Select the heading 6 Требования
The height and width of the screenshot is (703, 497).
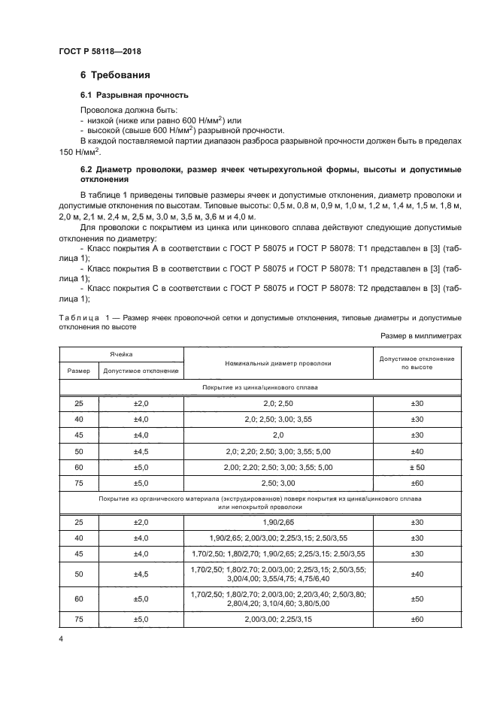click(115, 75)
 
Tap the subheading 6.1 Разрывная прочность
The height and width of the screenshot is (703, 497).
click(134, 95)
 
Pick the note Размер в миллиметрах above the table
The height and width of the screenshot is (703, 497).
click(421, 337)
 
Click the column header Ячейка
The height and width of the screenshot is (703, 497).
click(120, 353)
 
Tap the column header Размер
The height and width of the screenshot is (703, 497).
click(78, 371)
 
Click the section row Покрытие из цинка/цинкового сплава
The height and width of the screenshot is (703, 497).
click(260, 388)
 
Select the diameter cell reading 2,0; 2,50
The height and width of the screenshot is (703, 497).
click(277, 404)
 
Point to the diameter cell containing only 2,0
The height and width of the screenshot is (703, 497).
click(277, 435)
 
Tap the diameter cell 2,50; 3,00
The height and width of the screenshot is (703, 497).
click(277, 482)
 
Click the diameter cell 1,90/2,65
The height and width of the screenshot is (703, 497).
click(277, 521)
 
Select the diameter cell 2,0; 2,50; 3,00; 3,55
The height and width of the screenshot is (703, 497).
click(277, 420)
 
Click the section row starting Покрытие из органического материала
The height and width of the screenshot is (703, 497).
click(260, 502)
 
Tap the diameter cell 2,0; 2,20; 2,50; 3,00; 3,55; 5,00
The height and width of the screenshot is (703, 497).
click(277, 451)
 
